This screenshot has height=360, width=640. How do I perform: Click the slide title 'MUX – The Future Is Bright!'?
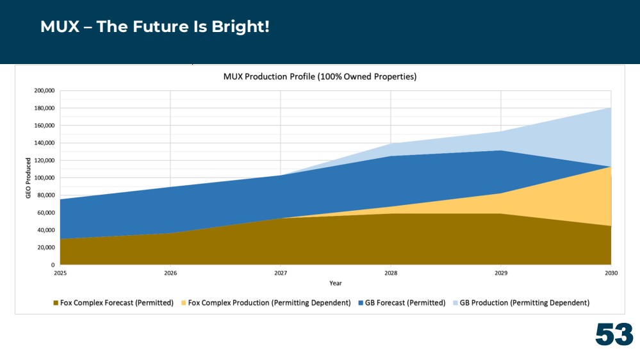click(154, 26)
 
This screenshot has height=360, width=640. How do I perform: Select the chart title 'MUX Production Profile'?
click(269, 76)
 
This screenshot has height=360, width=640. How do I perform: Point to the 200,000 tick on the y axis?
click(44, 90)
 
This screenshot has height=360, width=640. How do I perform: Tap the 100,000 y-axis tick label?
click(44, 177)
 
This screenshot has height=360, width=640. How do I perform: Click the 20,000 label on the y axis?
click(45, 247)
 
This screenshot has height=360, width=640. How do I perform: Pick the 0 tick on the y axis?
click(53, 265)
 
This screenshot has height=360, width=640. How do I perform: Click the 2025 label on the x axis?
click(60, 273)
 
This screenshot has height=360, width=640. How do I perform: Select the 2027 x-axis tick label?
click(281, 273)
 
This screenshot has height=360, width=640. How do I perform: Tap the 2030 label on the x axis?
click(611, 273)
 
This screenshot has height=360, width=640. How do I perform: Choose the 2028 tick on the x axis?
click(391, 273)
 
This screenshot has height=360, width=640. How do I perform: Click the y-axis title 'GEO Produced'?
click(28, 178)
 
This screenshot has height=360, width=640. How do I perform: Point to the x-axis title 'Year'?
click(336, 283)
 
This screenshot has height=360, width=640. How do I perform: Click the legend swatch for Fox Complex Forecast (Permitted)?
click(56, 303)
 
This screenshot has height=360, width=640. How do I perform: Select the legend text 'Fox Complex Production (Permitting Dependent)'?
click(269, 303)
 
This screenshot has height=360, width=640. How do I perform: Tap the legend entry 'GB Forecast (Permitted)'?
click(402, 303)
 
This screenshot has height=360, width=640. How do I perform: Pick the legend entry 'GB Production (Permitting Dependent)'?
click(521, 303)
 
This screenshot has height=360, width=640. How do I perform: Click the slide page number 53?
click(614, 334)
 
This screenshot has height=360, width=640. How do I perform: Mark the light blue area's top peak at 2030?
click(611, 108)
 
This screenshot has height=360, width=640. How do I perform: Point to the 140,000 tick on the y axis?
click(44, 143)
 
